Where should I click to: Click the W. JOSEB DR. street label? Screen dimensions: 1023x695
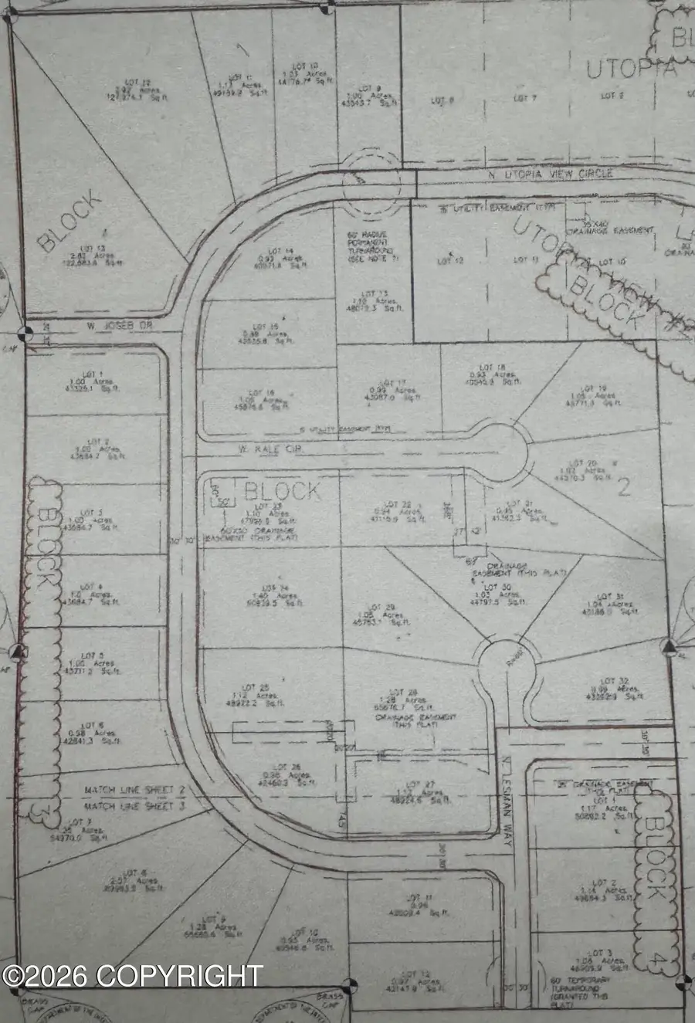120,327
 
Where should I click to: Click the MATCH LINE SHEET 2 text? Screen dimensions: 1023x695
135,791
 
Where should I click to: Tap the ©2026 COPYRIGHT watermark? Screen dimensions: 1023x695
132,976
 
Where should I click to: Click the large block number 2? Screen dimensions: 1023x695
624,486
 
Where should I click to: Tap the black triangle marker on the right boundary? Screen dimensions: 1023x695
670,645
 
